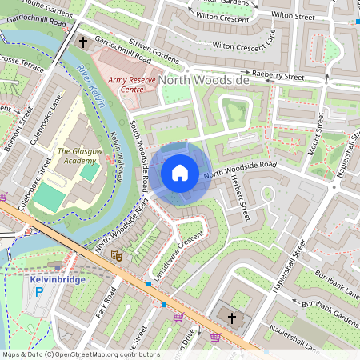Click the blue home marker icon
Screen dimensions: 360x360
(180, 173)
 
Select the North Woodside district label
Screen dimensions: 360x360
(203, 80)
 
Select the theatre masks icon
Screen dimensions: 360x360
(117, 256)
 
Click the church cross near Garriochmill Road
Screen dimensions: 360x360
(83, 42)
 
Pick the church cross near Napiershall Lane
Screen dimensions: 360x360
(232, 318)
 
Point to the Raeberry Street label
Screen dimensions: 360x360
(278, 76)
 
